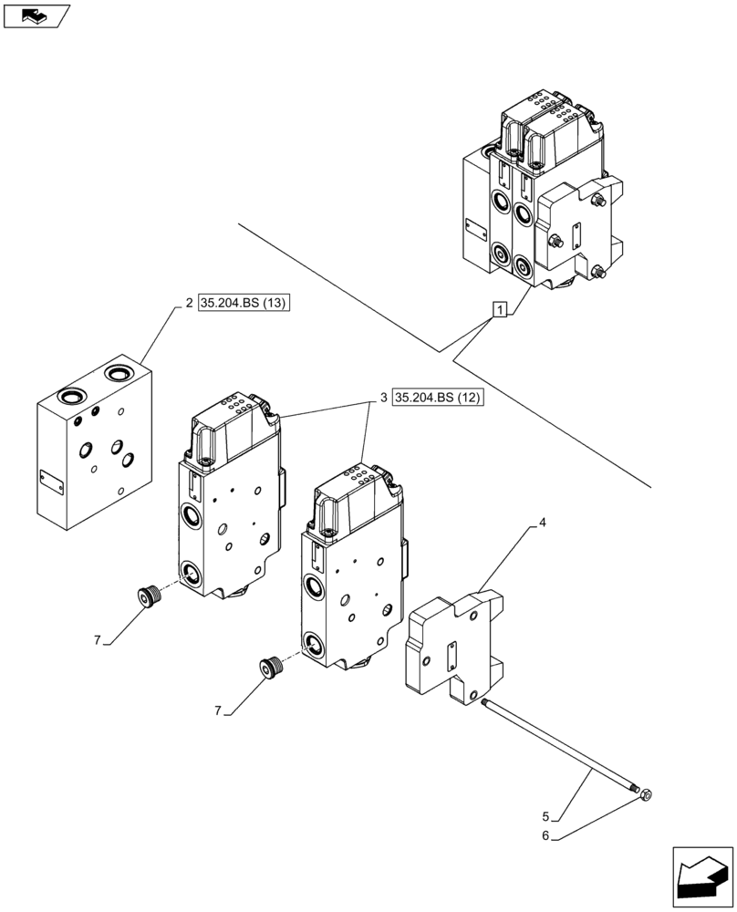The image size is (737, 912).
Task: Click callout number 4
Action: (x=542, y=523)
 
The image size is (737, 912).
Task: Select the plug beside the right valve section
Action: (x=271, y=668)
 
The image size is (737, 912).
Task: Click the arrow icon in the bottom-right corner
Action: (x=703, y=877)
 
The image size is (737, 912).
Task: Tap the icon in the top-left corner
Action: (x=36, y=16)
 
